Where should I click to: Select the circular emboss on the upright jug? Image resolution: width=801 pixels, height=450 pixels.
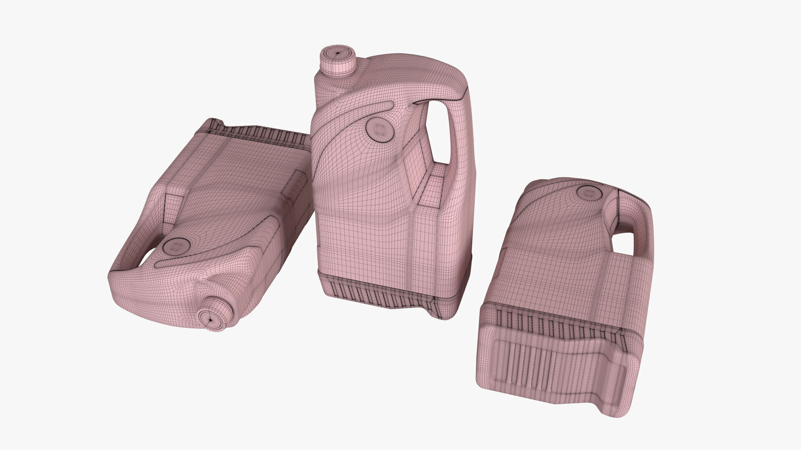click(379, 129)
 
